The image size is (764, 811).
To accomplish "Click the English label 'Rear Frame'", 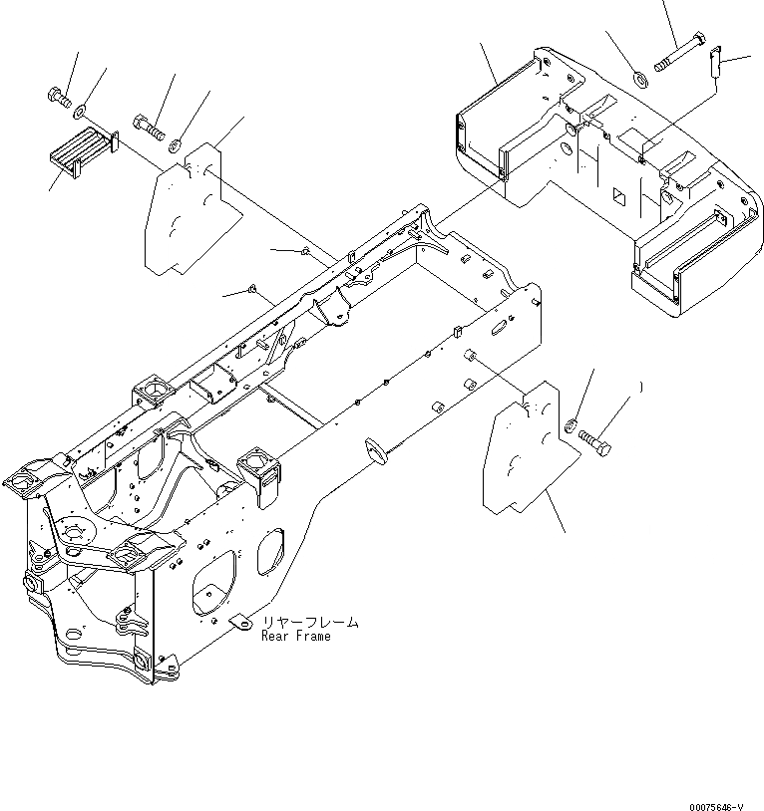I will coord(296,636).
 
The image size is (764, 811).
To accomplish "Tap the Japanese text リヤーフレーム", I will coord(310,622).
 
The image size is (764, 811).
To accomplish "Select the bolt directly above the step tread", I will coord(57,98).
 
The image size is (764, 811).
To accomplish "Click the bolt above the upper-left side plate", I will coord(147,127).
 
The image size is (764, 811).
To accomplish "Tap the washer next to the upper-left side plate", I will coord(177,144).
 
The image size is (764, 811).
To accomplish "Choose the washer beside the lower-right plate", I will coord(571,425).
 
